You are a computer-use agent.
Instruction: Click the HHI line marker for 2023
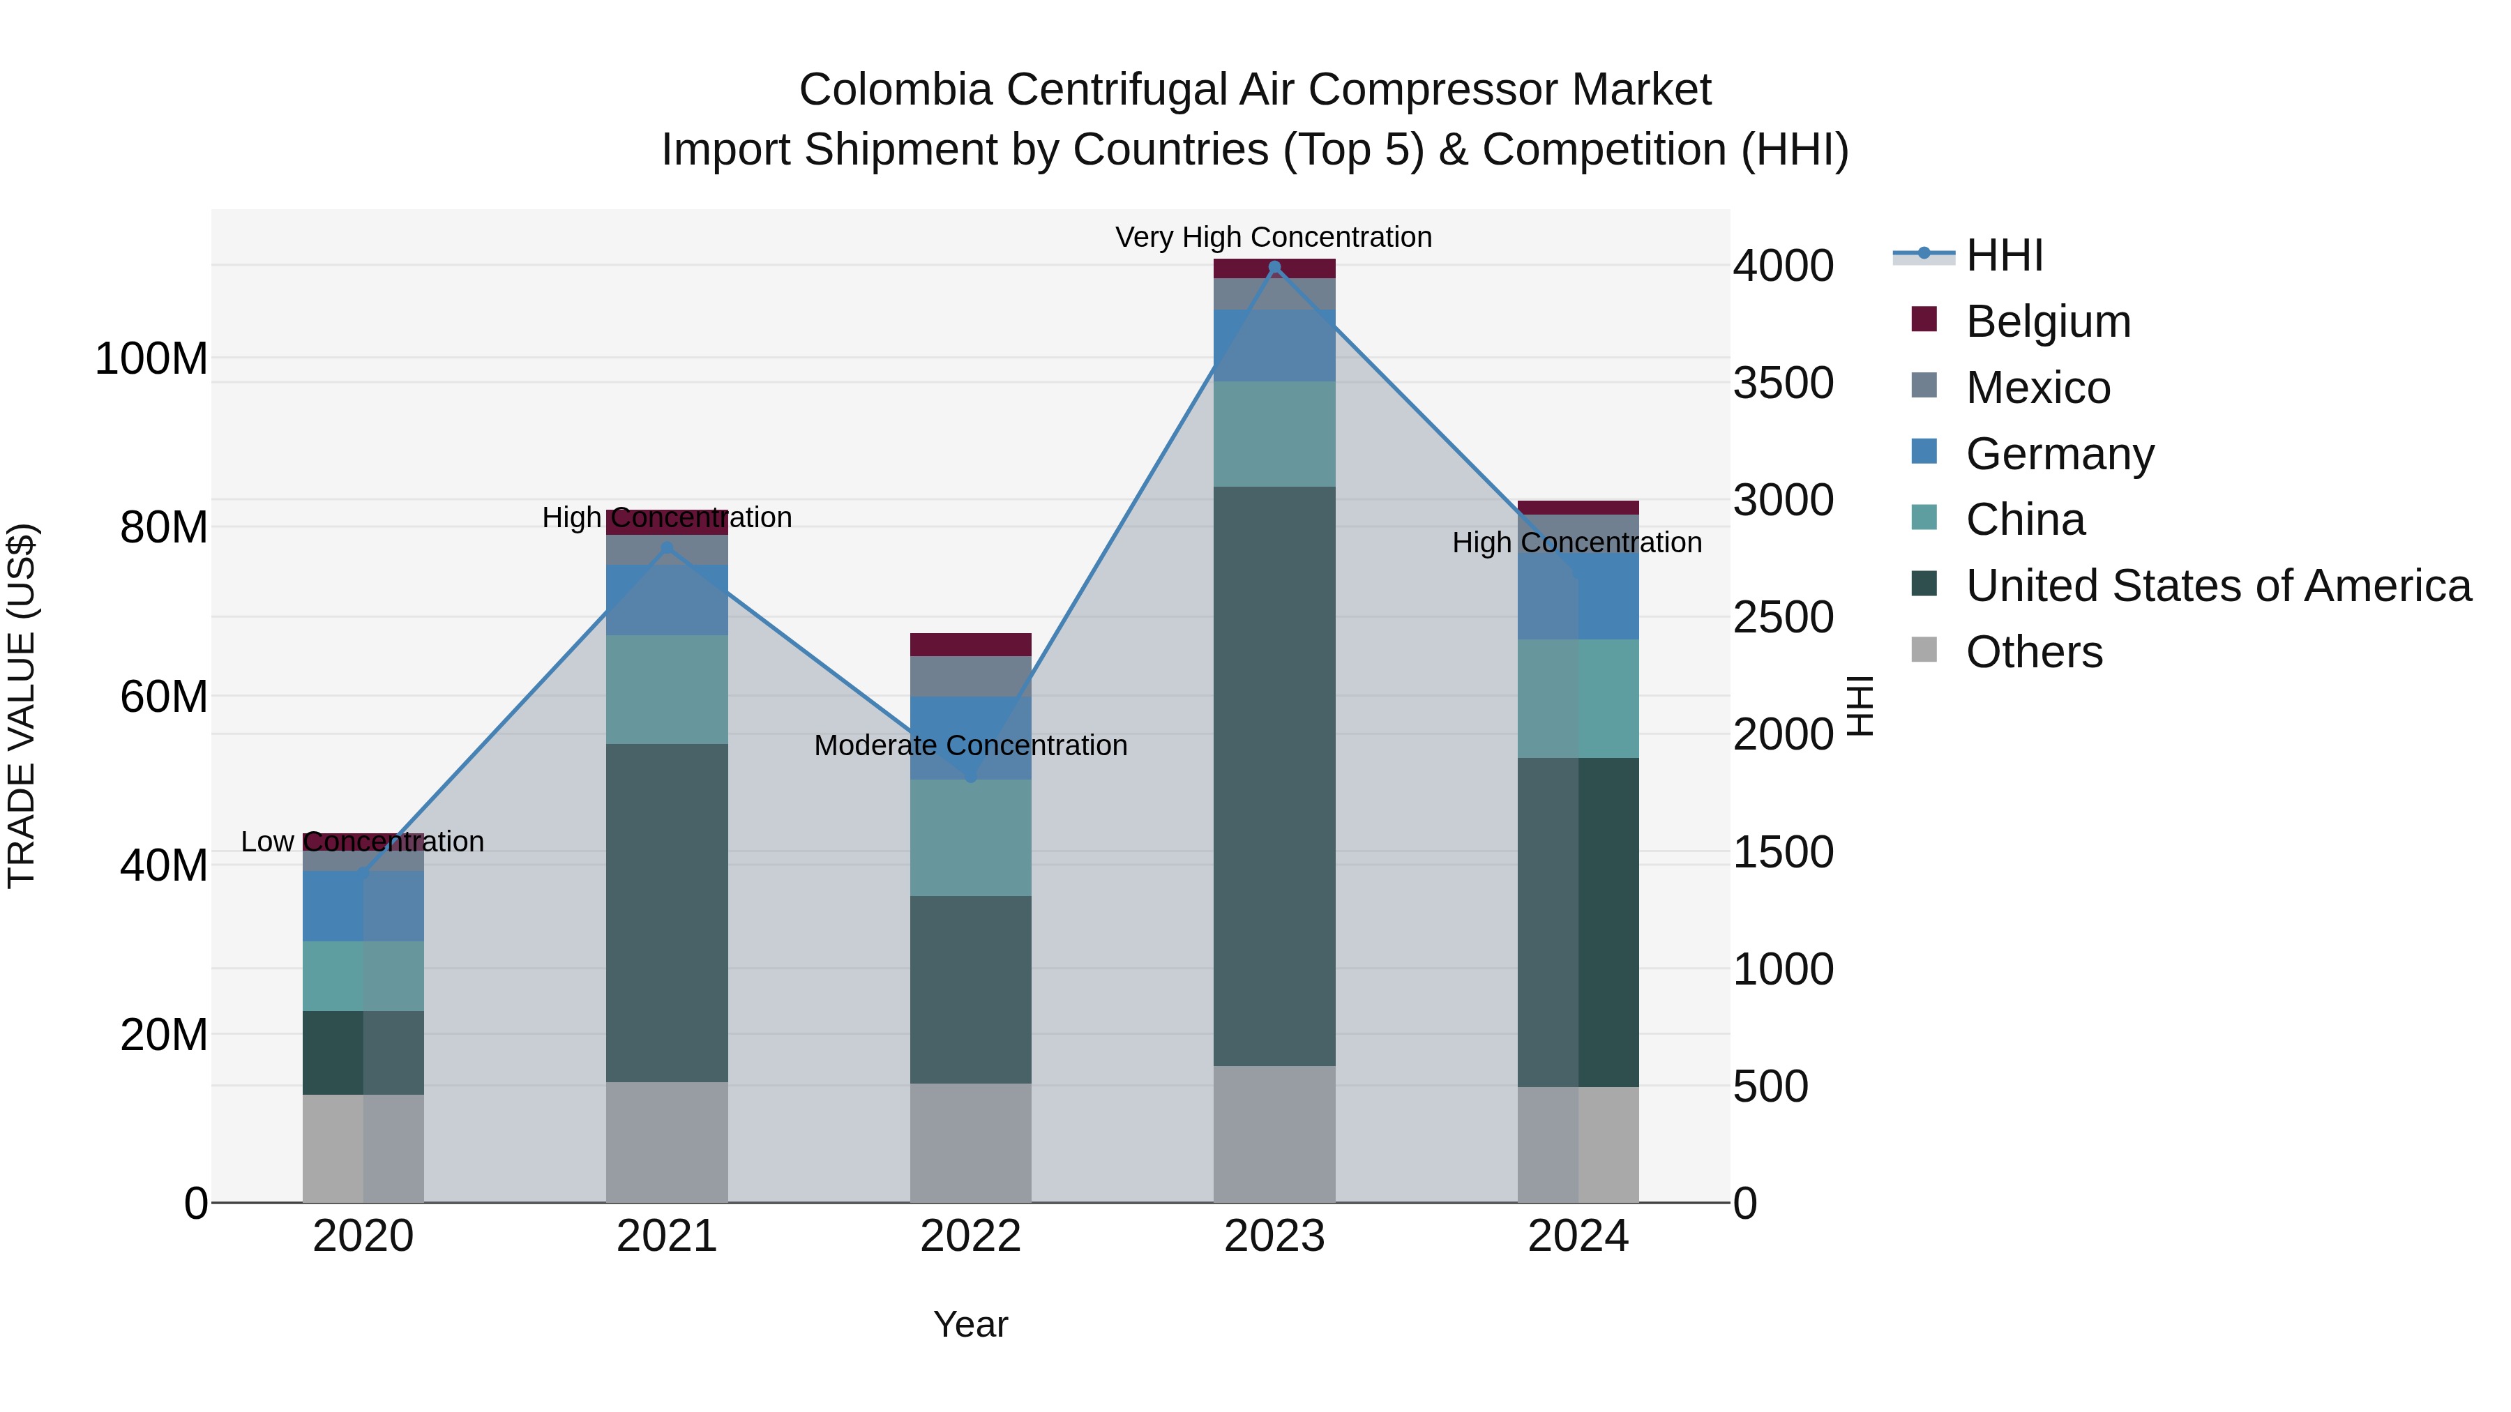click(1274, 267)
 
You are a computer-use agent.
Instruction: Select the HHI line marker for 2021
click(667, 547)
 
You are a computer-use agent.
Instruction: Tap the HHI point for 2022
click(970, 777)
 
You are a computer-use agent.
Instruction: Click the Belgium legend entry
click(2048, 321)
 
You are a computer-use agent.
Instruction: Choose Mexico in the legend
click(2037, 388)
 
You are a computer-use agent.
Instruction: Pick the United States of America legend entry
click(2217, 586)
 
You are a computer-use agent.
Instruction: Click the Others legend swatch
click(1924, 650)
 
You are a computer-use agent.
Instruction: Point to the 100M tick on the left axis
click(151, 358)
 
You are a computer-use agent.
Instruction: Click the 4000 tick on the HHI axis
click(1783, 266)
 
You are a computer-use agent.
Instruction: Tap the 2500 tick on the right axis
click(1783, 618)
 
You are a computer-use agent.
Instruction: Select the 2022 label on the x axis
click(970, 1236)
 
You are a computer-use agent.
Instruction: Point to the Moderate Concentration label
click(970, 745)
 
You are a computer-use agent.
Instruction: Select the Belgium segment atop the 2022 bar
click(970, 644)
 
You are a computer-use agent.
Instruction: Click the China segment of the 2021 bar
click(667, 689)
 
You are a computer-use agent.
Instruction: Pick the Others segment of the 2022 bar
click(970, 1142)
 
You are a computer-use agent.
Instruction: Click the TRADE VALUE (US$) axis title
click(22, 706)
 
